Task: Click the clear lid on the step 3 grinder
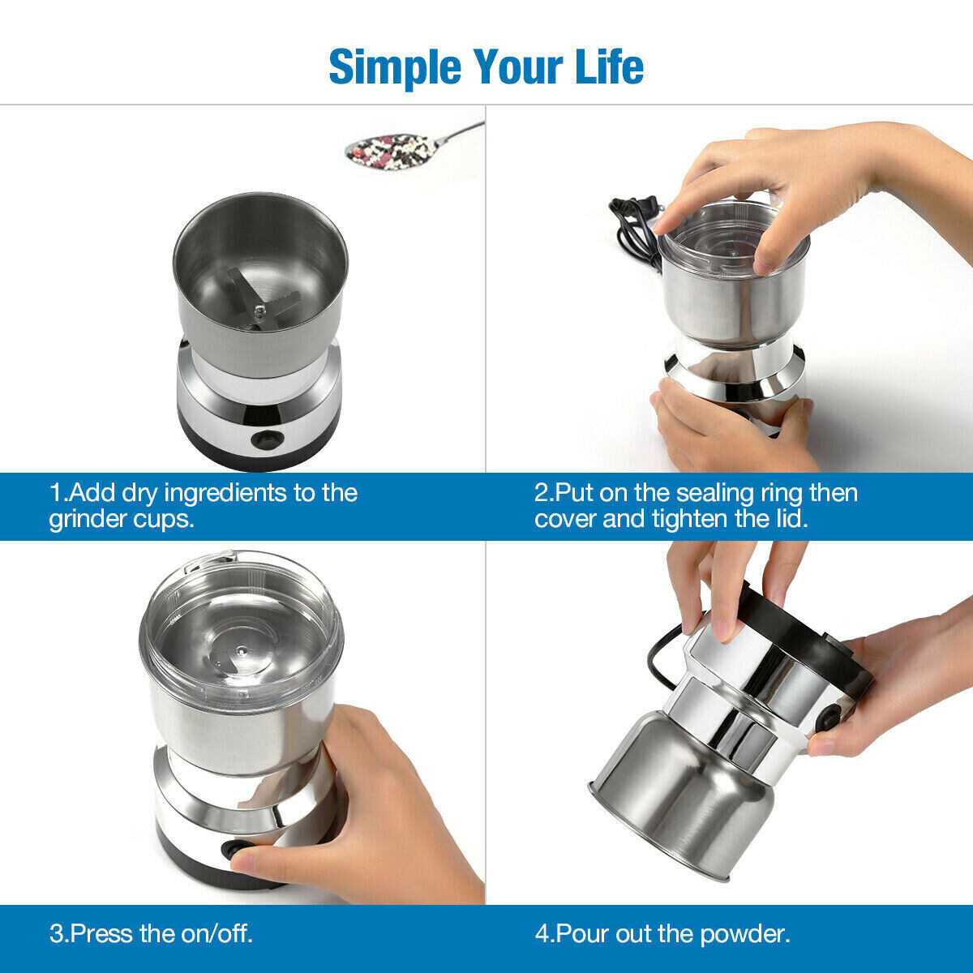click(x=241, y=624)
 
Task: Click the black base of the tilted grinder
click(x=803, y=641)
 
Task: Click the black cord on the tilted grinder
click(x=661, y=657)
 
